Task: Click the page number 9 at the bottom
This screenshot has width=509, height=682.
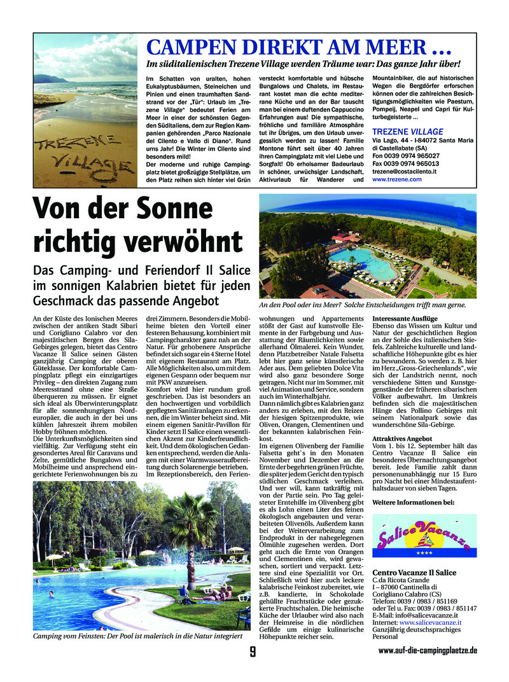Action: [253, 651]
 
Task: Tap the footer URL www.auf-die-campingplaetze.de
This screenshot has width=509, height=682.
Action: [428, 651]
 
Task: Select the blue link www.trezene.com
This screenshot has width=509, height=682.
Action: [397, 179]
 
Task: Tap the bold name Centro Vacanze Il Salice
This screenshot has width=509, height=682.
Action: [414, 573]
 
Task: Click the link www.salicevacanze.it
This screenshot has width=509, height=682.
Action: [430, 623]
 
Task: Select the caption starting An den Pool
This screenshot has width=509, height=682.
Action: [362, 305]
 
